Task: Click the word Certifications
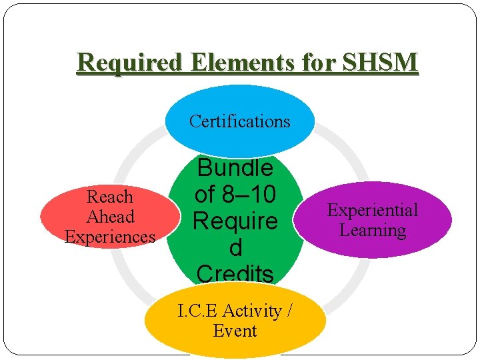[240, 121]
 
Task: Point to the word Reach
[110, 197]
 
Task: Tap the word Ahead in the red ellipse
[110, 217]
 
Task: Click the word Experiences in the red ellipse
[110, 237]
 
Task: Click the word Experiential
[373, 210]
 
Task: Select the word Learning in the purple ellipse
[373, 231]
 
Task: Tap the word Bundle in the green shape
[235, 167]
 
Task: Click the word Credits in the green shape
[235, 273]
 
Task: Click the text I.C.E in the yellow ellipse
[197, 311]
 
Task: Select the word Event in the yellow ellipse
[235, 331]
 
